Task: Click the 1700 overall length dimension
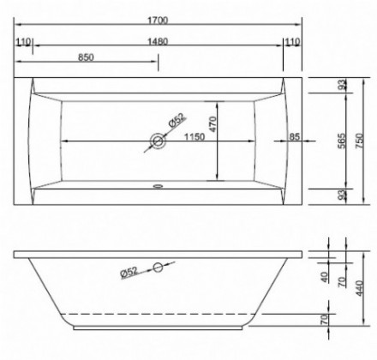158,21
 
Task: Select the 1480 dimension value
158,41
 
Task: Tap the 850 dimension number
86,57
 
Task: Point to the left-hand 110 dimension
23,42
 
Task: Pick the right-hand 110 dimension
293,42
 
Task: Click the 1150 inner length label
194,137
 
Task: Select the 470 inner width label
213,124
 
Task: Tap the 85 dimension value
295,137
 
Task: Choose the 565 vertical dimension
342,141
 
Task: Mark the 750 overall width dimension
360,141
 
